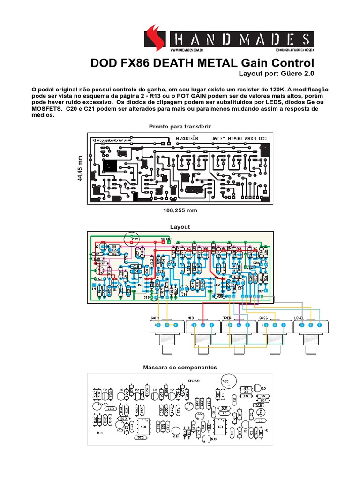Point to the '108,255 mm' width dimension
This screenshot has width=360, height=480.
coord(180,210)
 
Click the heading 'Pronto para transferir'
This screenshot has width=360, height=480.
coord(180,127)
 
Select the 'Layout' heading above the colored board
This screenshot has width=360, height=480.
coord(180,226)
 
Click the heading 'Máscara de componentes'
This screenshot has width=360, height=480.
coord(180,367)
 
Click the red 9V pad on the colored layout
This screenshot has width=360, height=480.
coord(162,242)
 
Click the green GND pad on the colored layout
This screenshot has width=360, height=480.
coord(169,242)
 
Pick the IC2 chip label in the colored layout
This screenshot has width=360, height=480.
coord(217,284)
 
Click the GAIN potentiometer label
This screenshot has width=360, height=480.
coord(155,318)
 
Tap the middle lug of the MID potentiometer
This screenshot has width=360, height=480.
coord(203,325)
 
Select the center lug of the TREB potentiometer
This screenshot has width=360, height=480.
coord(239,325)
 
